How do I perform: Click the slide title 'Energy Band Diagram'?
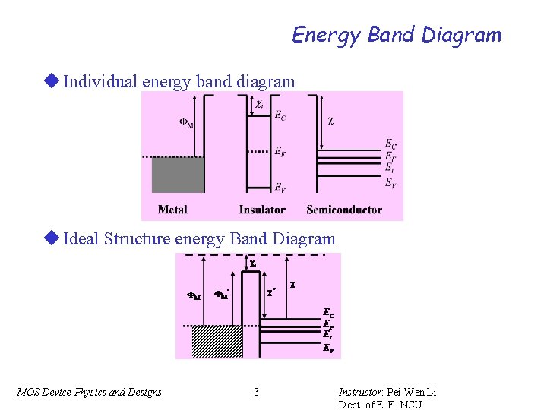click(x=397, y=35)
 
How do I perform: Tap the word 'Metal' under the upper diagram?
click(x=172, y=210)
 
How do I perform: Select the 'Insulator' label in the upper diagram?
click(x=262, y=210)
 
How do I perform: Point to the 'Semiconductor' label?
click(x=343, y=210)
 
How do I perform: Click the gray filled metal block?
click(x=179, y=175)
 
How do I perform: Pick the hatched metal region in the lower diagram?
click(x=217, y=341)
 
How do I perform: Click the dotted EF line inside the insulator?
click(x=258, y=152)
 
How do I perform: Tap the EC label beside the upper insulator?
click(x=280, y=116)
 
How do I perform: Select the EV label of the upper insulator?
click(x=280, y=188)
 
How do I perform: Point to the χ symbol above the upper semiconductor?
click(x=330, y=120)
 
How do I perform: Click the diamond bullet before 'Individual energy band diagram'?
click(x=52, y=80)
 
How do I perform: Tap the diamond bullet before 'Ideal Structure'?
click(x=52, y=238)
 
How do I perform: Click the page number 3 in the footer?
click(x=256, y=392)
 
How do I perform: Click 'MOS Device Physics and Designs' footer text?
click(x=89, y=392)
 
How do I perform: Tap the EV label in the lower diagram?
click(x=327, y=349)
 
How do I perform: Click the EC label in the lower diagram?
click(x=328, y=312)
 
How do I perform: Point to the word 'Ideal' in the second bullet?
click(x=81, y=239)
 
